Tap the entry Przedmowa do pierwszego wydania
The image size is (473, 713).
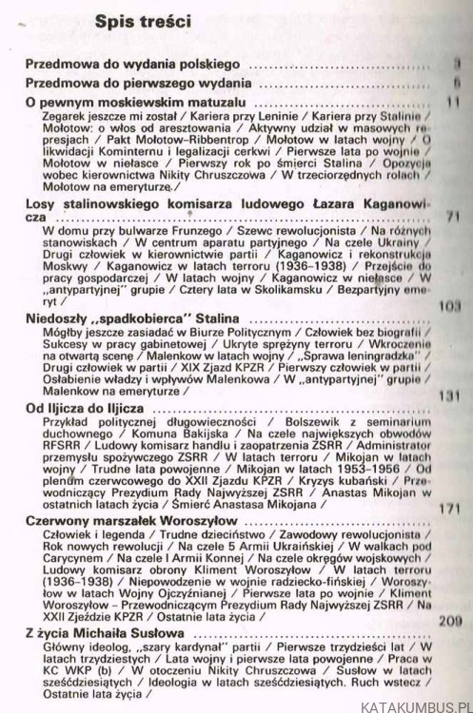[x=138, y=84]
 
